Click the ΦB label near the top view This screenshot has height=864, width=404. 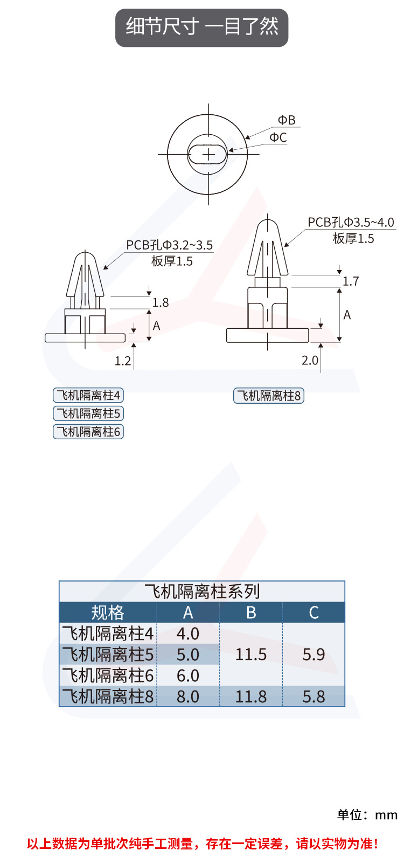point(287,120)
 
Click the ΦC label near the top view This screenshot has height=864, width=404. point(278,137)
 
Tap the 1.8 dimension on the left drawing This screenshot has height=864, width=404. point(161,302)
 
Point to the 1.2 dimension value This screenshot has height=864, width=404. point(123,361)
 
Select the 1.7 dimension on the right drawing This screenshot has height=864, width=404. point(351,281)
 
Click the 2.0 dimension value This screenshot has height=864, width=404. point(310,360)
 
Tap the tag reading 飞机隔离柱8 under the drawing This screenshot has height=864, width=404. point(269,396)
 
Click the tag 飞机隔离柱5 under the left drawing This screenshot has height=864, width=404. point(88,413)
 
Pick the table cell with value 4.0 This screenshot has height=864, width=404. point(188,633)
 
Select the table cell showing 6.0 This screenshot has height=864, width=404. point(188,675)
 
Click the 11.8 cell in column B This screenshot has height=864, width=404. point(251,696)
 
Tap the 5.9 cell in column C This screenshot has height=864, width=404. point(314,654)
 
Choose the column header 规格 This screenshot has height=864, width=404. point(108,612)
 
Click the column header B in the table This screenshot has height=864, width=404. point(251,612)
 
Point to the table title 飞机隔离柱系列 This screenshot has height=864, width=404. point(202,591)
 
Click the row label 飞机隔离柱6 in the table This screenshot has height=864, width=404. point(108,675)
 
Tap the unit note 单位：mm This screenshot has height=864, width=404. point(367,814)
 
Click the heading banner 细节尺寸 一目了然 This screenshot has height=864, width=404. point(202,27)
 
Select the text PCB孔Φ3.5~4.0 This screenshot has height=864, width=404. point(351,222)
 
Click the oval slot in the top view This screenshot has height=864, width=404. point(208,154)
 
